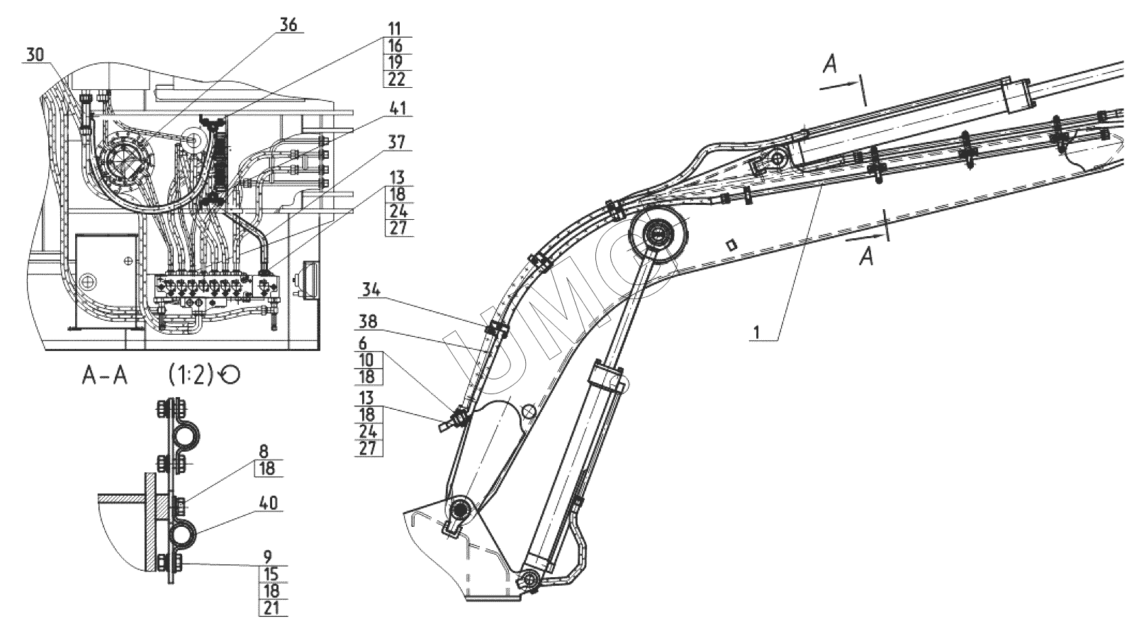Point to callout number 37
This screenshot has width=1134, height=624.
(x=397, y=143)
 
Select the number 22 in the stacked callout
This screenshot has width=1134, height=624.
(x=395, y=79)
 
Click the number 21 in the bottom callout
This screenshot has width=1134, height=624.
(x=271, y=608)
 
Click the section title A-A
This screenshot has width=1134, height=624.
(x=105, y=375)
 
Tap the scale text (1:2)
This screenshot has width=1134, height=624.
(x=191, y=375)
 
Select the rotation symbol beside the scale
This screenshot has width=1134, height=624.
(x=230, y=375)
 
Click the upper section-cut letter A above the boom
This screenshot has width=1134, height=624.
(x=830, y=65)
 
